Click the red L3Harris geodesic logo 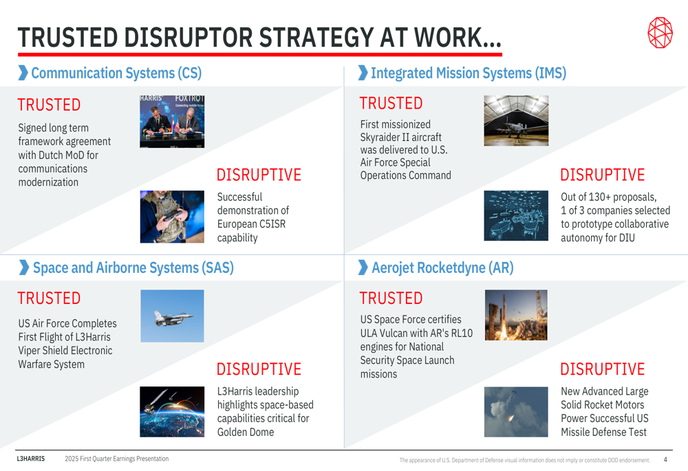coord(660,32)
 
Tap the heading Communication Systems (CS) coord(116,73)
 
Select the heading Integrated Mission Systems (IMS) coord(468,73)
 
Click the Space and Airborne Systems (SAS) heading coord(133,267)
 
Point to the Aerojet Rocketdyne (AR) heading coord(442,267)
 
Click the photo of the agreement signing coord(172,122)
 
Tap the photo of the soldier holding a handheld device coord(172,217)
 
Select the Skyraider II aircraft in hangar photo coord(516,120)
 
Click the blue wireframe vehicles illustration coord(516,215)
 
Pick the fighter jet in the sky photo coord(172,316)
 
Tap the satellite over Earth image coord(172,412)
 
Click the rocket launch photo coord(516,315)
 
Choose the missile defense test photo coord(516,412)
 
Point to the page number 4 coord(665,459)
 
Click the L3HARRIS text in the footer coord(31,459)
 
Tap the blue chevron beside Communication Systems coord(23,73)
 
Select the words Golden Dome coord(246,432)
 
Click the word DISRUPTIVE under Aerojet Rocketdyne coord(603,369)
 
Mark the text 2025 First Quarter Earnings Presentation coord(117,459)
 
